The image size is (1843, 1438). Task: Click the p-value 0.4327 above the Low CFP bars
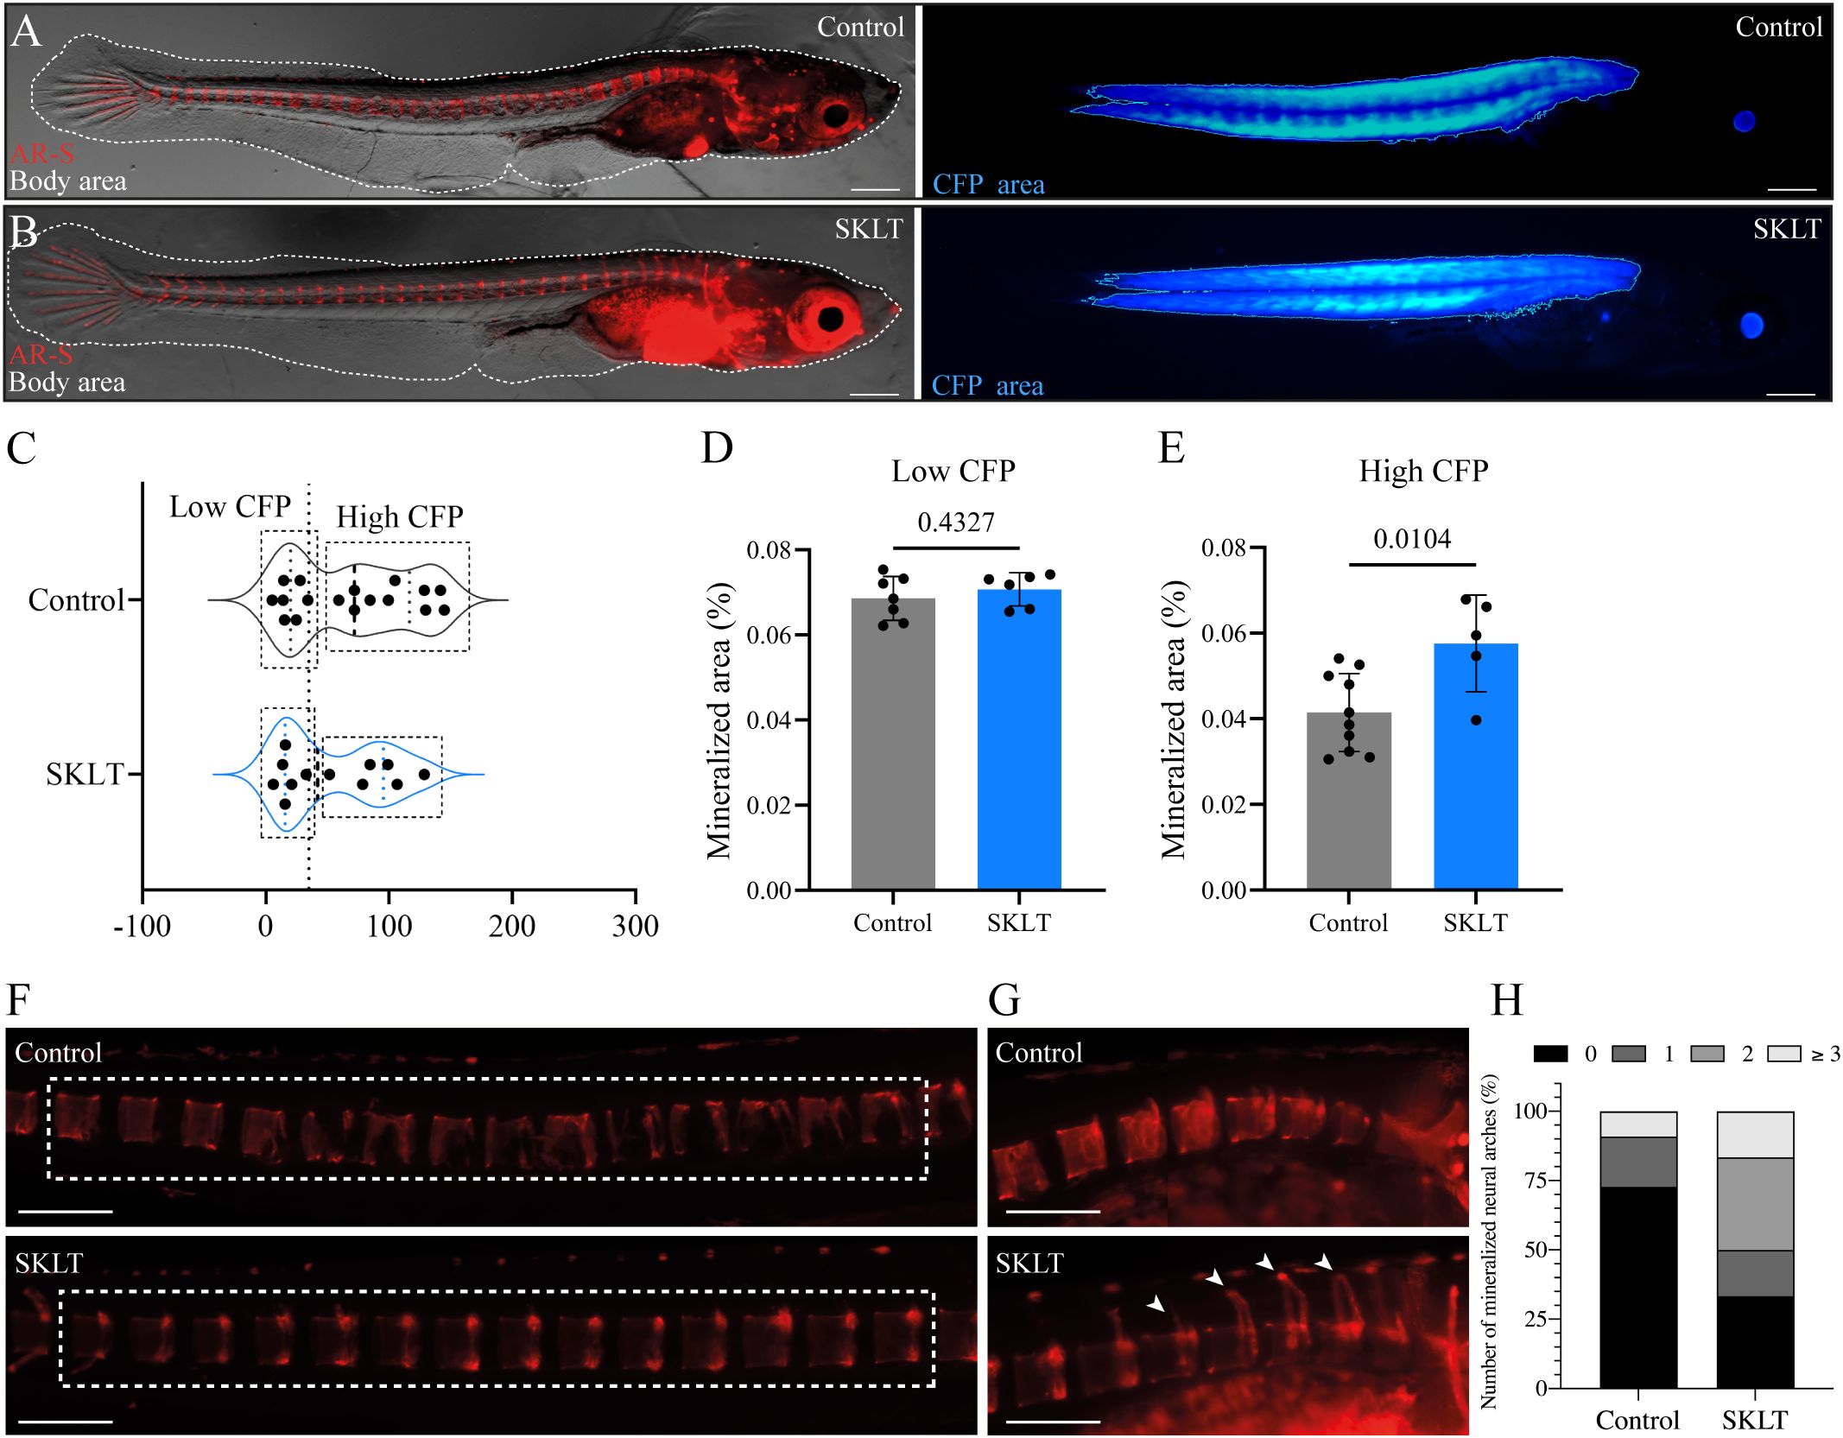[955, 522]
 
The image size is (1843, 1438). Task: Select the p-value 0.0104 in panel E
[1412, 539]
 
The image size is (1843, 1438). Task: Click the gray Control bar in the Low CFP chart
[893, 743]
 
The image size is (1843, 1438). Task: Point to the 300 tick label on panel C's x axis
[635, 927]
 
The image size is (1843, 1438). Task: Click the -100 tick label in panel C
[142, 927]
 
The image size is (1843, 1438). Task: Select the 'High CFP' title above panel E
[1423, 471]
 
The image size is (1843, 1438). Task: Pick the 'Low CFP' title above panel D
[953, 471]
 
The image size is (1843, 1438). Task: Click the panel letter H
[1507, 1000]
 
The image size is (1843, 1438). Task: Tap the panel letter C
[21, 448]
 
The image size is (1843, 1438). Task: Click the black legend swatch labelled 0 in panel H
[1550, 1054]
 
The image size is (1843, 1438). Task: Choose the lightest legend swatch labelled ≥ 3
[1784, 1054]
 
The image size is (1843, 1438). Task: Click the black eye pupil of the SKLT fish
[831, 319]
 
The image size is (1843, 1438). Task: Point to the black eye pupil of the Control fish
[836, 115]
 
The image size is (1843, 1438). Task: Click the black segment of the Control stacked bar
[1637, 1287]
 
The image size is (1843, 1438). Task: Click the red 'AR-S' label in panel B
[41, 354]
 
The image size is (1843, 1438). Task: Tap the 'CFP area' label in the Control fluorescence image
[988, 185]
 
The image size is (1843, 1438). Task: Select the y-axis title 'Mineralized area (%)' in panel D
[719, 720]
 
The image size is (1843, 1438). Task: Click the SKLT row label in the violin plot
[85, 775]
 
